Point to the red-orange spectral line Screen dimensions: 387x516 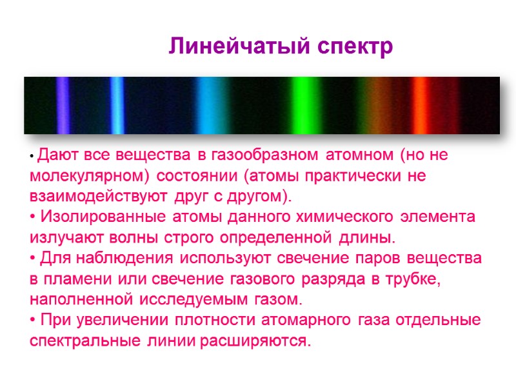pyautogui.click(x=420, y=105)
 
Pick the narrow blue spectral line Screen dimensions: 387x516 pyautogui.click(x=117, y=105)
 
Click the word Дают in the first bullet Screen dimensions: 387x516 pyautogui.click(x=52, y=155)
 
